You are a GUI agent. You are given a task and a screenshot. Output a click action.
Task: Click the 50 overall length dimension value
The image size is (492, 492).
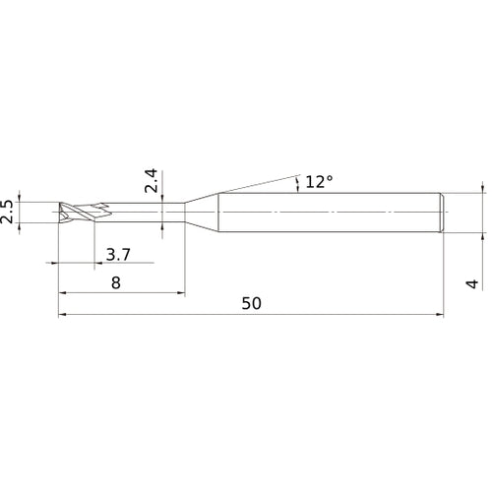(x=252, y=303)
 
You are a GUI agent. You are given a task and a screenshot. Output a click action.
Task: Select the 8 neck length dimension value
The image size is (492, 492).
(x=116, y=282)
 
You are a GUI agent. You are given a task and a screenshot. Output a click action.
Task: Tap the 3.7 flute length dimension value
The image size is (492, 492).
(x=118, y=255)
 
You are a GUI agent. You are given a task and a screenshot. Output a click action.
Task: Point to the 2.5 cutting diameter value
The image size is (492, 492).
(x=7, y=212)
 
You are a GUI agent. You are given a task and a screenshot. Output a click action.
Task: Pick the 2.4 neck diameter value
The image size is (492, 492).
(x=152, y=181)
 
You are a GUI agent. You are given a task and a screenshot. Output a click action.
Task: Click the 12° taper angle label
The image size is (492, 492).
(x=319, y=182)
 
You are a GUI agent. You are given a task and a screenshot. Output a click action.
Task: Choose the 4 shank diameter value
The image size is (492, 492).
(x=472, y=284)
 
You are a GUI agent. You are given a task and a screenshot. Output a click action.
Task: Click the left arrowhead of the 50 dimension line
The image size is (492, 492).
(x=62, y=314)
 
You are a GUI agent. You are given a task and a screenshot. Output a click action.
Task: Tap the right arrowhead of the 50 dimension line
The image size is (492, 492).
(x=440, y=314)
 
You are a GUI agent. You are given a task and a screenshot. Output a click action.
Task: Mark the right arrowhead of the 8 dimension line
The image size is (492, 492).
(x=181, y=292)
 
